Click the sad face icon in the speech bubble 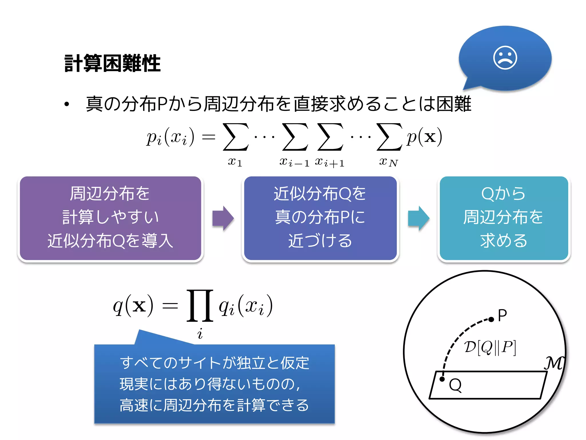coord(505,58)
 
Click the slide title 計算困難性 coord(112,63)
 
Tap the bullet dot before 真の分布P coord(67,104)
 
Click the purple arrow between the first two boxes coord(223,218)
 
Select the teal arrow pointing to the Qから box coord(418,218)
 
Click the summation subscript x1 coord(235,162)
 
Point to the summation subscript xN coord(388,162)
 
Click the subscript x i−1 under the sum coord(294,162)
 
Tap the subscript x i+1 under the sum coord(330,162)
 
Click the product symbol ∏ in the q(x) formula coord(200,306)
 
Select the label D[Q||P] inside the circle coord(490,347)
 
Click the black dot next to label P coord(491,319)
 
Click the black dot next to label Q coord(442,379)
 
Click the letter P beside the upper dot coord(502,315)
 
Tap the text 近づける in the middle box coord(320,241)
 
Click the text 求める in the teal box coord(504,241)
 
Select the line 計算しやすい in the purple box coord(110,217)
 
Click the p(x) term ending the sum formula coord(424,137)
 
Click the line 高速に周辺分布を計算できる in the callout coord(214,405)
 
